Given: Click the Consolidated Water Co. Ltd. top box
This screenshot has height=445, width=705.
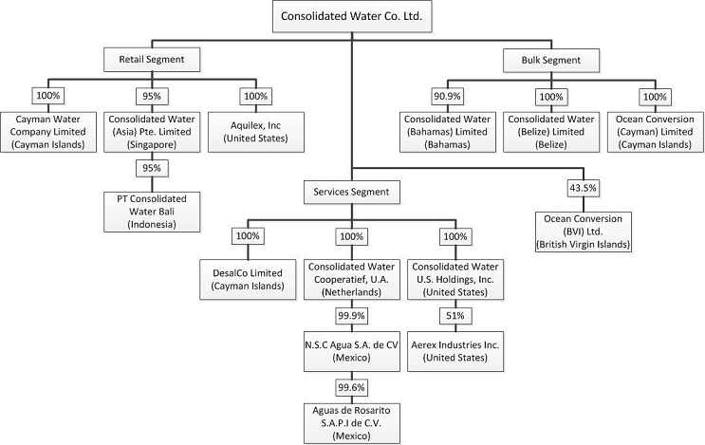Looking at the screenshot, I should tap(351, 16).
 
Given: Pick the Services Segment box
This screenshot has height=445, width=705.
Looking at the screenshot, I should tap(351, 191).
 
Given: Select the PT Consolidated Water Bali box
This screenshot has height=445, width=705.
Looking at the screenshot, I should tap(152, 211).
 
